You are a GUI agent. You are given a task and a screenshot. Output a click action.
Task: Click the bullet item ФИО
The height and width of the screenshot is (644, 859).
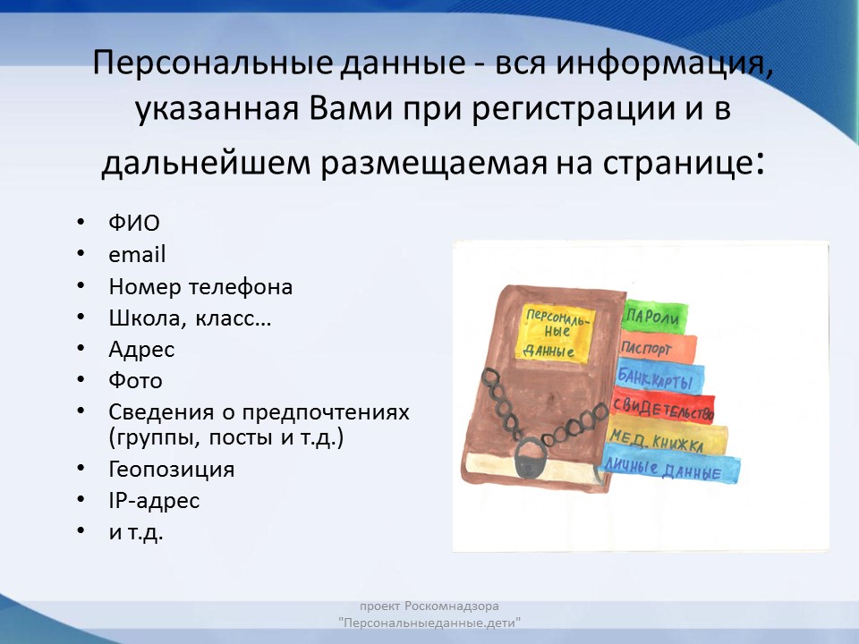tap(134, 223)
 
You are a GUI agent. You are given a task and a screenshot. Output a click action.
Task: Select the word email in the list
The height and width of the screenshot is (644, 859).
tap(137, 255)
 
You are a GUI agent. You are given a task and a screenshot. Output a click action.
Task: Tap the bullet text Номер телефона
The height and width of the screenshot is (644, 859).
tap(200, 286)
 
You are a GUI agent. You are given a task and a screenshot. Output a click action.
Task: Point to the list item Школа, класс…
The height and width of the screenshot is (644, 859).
tap(190, 318)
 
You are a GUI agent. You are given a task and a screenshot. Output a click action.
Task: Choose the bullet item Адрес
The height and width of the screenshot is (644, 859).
tap(141, 350)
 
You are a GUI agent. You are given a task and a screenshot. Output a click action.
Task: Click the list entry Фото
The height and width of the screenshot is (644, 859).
tap(135, 381)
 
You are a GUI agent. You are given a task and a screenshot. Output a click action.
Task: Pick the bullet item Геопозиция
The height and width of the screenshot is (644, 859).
tap(172, 470)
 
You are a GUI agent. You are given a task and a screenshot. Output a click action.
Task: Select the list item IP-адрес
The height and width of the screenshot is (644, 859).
tap(154, 501)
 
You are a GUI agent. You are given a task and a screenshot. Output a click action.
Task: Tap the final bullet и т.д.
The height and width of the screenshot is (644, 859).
tap(136, 531)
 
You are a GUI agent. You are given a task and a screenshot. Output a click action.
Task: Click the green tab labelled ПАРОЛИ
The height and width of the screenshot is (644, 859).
tap(654, 316)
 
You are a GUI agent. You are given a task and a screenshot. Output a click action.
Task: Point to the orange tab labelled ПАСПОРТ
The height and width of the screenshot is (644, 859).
tap(658, 348)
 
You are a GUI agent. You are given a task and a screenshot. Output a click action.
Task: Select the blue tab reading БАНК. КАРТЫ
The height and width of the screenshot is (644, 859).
tap(659, 377)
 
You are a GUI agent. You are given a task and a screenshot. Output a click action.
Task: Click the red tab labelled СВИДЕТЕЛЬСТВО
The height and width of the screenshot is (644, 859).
tap(663, 406)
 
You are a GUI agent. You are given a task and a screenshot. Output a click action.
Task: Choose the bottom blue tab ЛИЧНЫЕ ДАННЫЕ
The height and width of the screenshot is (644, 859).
tap(670, 467)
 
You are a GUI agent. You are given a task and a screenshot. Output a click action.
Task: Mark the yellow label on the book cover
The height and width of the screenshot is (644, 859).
tap(556, 333)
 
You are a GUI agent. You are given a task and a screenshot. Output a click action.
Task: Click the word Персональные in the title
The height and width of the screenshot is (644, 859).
tap(213, 63)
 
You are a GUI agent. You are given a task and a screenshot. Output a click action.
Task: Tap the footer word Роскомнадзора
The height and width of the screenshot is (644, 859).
tap(452, 606)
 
